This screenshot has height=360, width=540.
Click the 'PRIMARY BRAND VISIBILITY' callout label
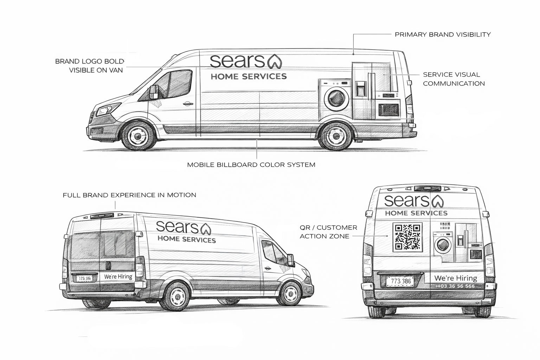click(443, 34)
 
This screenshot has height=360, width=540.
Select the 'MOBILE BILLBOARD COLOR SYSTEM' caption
click(251, 165)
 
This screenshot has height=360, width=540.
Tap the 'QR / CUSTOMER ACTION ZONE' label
click(328, 232)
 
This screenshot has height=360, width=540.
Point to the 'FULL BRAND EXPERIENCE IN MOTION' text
click(129, 195)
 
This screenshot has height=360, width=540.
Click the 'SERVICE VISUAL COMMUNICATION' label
click(454, 79)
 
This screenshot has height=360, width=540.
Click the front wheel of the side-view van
click(138, 135)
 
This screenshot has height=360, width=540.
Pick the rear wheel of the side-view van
click(335, 135)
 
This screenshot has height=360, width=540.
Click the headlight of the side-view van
click(104, 110)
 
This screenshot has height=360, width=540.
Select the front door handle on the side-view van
click(187, 103)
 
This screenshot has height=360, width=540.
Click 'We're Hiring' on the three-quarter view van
click(118, 276)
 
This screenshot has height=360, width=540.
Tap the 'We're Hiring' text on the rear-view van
click(456, 278)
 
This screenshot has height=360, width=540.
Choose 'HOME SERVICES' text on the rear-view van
click(416, 213)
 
